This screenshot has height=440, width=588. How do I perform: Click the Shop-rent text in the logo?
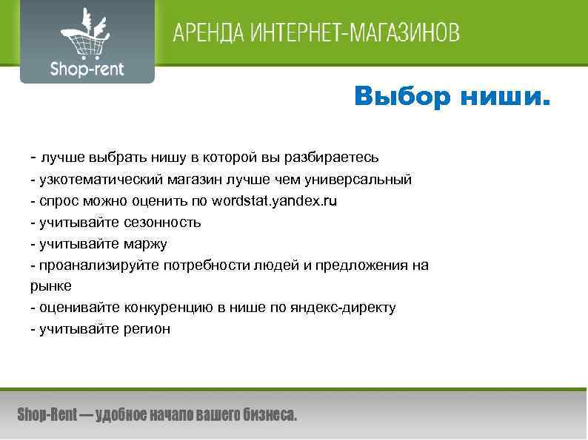pyautogui.click(x=87, y=70)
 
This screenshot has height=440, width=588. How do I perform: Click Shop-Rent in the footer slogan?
pyautogui.click(x=47, y=415)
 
